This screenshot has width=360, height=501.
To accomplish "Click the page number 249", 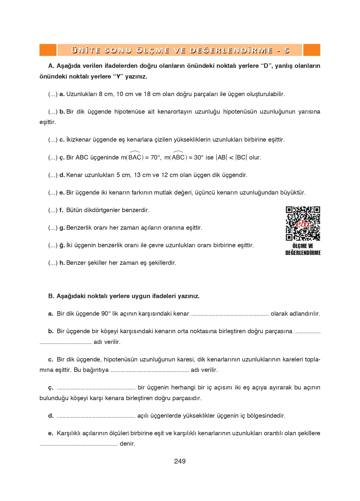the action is pyautogui.click(x=180, y=461).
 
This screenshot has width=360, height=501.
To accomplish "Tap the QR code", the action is pyautogui.click(x=303, y=223).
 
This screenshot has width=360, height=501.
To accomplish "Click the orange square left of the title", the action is pyautogui.click(x=48, y=50).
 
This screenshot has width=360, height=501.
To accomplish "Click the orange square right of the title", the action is pyautogui.click(x=312, y=50).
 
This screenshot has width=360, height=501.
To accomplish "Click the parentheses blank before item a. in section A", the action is pyautogui.click(x=53, y=94).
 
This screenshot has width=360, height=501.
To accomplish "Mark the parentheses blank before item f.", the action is pyautogui.click(x=53, y=210).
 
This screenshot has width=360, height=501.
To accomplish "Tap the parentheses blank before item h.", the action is pyautogui.click(x=53, y=263).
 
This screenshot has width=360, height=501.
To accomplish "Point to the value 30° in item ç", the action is pyautogui.click(x=199, y=158).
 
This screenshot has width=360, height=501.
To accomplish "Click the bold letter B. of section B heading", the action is pyautogui.click(x=51, y=296).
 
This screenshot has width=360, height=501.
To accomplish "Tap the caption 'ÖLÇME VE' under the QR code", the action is pyautogui.click(x=303, y=246).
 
